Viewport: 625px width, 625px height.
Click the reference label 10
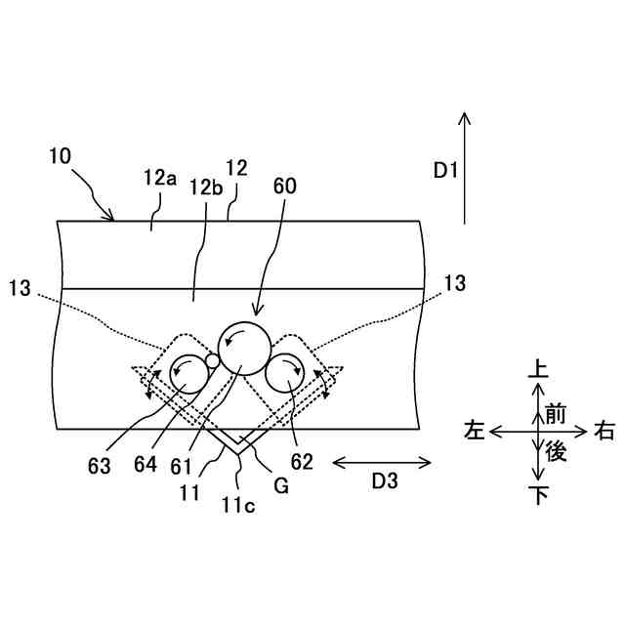[58, 155]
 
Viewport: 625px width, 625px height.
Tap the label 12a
[159, 178]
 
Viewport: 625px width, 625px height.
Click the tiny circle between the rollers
[212, 361]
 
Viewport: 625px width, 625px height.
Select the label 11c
[240, 503]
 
